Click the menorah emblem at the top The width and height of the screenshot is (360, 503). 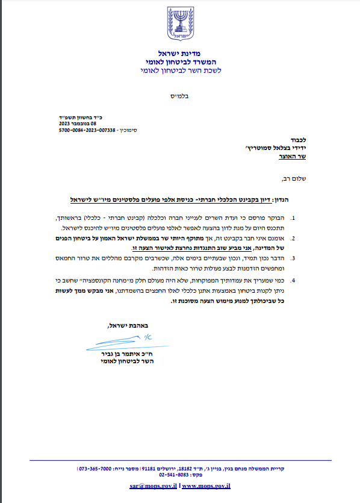[181, 23]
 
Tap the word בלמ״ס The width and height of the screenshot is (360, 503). [179, 96]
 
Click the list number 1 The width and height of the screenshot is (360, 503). [293, 217]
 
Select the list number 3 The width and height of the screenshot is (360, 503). [293, 257]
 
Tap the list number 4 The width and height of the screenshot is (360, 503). [293, 280]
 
